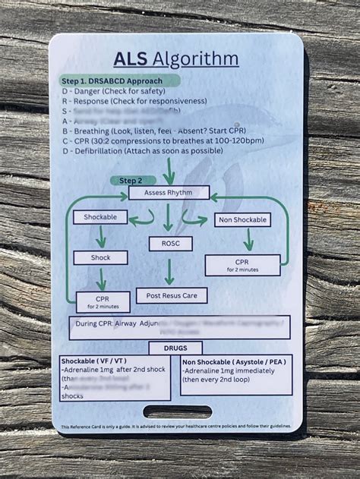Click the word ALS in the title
click(x=130, y=59)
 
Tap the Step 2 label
click(x=126, y=180)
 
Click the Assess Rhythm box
click(x=169, y=193)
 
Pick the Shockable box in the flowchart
click(x=99, y=217)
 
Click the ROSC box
click(x=169, y=244)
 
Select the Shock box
click(x=100, y=257)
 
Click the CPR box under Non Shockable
click(x=242, y=265)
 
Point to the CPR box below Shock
click(x=102, y=302)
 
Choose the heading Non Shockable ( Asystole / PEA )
click(x=233, y=362)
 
